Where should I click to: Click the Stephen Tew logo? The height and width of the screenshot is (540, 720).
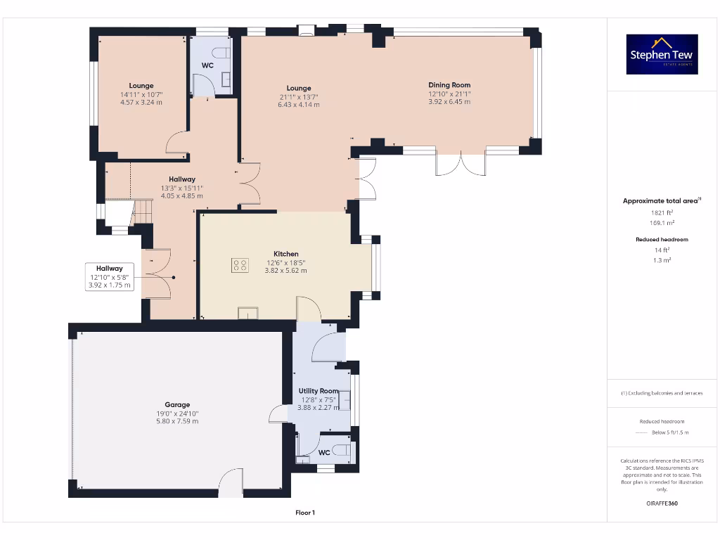pos(662,54)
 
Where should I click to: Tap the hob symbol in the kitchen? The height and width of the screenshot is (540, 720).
pos(240,265)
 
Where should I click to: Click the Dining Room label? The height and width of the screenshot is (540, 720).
pos(449,85)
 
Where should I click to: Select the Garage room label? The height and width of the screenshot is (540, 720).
pos(177,404)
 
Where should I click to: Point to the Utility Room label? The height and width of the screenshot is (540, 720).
pos(319,391)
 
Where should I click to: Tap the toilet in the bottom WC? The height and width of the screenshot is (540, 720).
pos(342,451)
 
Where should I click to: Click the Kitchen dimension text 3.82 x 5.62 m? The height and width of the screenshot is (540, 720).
pos(285,271)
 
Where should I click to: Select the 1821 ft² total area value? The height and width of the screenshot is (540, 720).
pos(660,212)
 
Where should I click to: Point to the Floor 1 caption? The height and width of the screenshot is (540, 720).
pos(305,513)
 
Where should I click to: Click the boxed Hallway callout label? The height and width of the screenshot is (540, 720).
pos(110,269)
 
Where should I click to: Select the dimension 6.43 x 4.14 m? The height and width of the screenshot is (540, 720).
pos(298,105)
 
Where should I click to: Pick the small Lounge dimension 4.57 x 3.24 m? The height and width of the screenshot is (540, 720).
pos(141,103)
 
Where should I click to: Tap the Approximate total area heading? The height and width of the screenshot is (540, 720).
pos(660,201)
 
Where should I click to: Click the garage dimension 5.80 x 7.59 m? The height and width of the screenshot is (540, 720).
pos(177,421)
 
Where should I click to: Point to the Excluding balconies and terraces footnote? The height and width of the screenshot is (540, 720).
pos(661,393)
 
